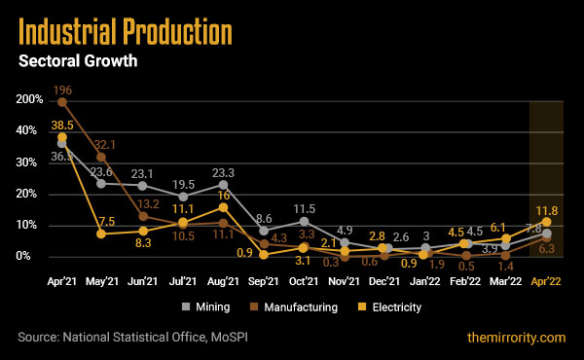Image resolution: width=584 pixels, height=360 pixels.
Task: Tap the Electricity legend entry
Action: (x=396, y=306)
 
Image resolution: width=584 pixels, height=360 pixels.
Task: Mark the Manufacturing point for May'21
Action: (x=101, y=157)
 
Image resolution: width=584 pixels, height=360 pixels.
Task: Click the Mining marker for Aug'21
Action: (x=223, y=184)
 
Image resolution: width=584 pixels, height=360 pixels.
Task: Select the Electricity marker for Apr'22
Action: (x=547, y=222)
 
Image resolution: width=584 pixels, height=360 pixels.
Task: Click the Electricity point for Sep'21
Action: (x=264, y=254)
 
